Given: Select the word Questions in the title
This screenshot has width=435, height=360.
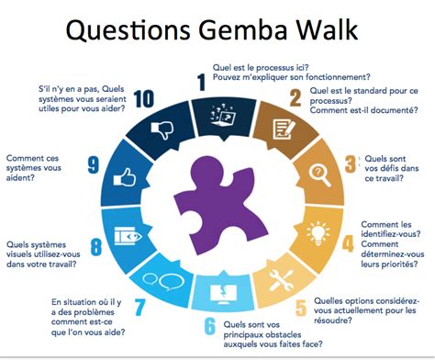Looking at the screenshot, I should [x=133, y=34].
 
